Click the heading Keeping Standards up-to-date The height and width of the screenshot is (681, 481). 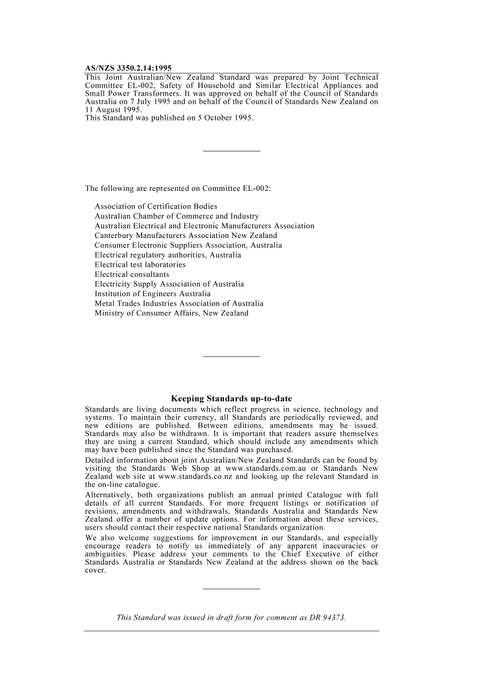tap(231, 399)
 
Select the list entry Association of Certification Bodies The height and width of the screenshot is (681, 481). tap(156, 207)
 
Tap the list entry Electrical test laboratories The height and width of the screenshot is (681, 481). tap(140, 265)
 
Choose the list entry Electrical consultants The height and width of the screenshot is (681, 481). tap(132, 274)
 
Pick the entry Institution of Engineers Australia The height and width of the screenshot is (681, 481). tap(152, 294)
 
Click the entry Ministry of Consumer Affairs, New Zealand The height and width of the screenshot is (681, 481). tap(172, 313)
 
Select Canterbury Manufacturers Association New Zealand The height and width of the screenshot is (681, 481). tap(186, 235)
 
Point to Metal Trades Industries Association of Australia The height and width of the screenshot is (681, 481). tap(179, 303)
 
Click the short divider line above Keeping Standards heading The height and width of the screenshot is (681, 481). tap(231, 356)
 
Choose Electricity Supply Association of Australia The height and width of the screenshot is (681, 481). tap(169, 284)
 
